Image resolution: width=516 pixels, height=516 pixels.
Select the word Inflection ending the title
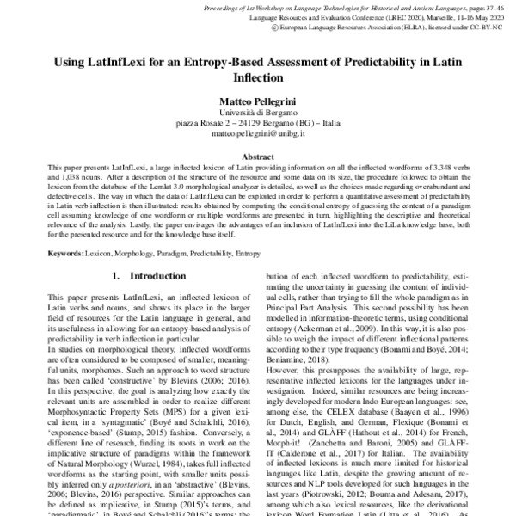point(257,77)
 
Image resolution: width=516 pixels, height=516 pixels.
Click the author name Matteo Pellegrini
point(258,101)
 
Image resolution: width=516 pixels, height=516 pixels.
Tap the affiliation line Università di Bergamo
point(258,114)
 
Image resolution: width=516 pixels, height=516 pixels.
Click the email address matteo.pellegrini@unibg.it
point(258,134)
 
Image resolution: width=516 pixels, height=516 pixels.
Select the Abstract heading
point(258,157)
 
